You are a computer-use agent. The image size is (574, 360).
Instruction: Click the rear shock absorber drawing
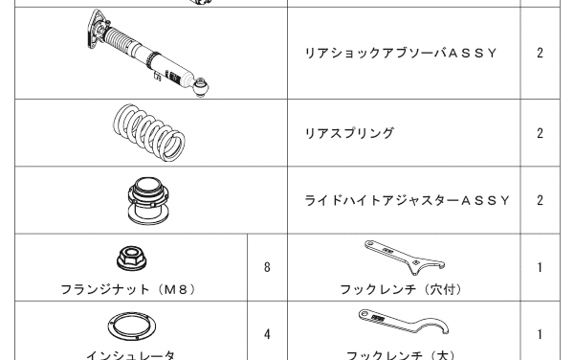[x=148, y=53]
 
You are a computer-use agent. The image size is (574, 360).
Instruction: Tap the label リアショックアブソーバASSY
[x=401, y=54]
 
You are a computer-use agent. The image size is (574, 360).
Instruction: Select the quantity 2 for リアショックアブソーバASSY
[x=540, y=54]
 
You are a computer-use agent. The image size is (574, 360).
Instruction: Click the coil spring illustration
[x=149, y=132]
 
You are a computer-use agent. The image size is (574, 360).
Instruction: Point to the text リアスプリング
[x=349, y=133]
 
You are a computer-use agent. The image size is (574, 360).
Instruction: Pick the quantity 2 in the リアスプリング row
[x=540, y=133]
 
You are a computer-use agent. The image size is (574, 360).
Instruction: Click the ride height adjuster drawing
[x=148, y=201]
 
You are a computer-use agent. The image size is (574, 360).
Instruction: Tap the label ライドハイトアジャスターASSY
[x=408, y=201]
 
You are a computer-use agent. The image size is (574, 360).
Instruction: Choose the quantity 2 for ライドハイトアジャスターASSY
[x=540, y=201]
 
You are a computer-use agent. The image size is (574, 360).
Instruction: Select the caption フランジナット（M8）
[x=128, y=290]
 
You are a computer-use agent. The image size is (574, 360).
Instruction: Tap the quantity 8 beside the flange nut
[x=267, y=267]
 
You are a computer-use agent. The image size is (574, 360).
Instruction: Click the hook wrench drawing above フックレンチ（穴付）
[x=405, y=256]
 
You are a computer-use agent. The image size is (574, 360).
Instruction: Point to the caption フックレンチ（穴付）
[x=401, y=290]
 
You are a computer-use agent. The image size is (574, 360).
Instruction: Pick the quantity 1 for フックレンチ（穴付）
[x=540, y=268]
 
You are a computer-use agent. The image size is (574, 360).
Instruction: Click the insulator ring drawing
[x=131, y=326]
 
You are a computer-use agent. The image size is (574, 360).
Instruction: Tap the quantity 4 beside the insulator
[x=267, y=334]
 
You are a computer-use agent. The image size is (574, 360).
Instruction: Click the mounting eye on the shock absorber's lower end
[x=201, y=87]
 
